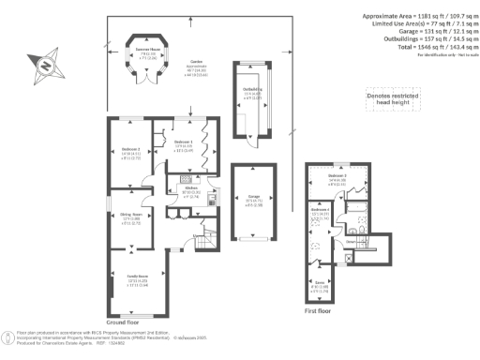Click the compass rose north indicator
pyautogui.click(x=41, y=66)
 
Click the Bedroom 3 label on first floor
pyautogui.click(x=337, y=179)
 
